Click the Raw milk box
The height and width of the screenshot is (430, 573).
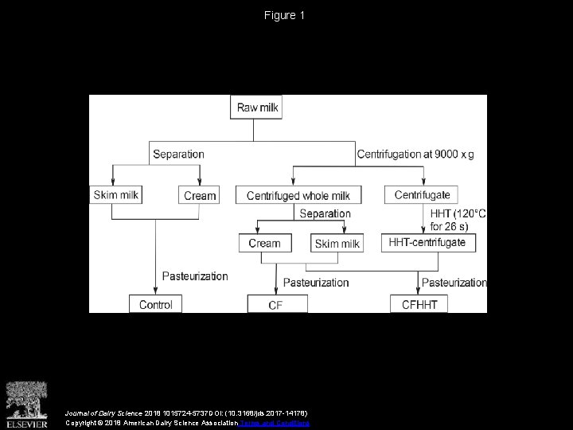257,107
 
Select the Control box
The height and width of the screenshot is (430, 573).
155,304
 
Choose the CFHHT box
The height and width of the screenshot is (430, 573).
419,304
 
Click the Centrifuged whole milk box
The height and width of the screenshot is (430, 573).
298,195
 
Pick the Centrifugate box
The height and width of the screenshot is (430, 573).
422,194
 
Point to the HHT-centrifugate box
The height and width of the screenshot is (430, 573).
429,242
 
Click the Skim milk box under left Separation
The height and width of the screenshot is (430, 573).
116,194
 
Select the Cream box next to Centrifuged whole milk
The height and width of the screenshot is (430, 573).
200,195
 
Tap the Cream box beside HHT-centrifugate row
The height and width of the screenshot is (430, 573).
265,243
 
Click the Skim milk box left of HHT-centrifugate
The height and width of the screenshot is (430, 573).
337,244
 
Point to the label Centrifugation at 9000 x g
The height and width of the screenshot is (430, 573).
415,154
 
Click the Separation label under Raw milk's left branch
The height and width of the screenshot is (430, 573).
178,154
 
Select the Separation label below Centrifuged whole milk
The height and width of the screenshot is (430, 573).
325,213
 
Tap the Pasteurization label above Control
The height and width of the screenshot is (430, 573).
195,276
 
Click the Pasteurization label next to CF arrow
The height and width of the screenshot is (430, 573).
316,282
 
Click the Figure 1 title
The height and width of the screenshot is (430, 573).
286,15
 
